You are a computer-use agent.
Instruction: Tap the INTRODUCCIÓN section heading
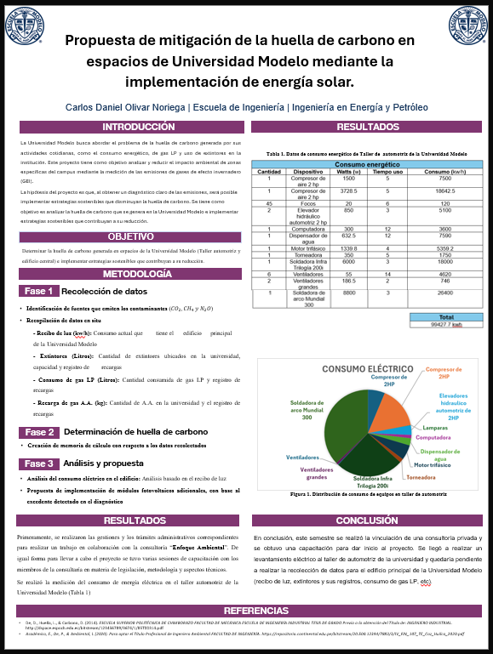(126, 127)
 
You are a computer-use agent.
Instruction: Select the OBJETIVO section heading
(130, 236)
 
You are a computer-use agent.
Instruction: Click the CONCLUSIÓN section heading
(366, 520)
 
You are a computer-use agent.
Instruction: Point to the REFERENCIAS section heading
(246, 611)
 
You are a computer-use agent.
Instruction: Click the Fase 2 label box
(40, 432)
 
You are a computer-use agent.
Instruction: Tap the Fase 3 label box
(40, 463)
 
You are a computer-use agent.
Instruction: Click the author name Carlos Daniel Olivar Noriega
(126, 108)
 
